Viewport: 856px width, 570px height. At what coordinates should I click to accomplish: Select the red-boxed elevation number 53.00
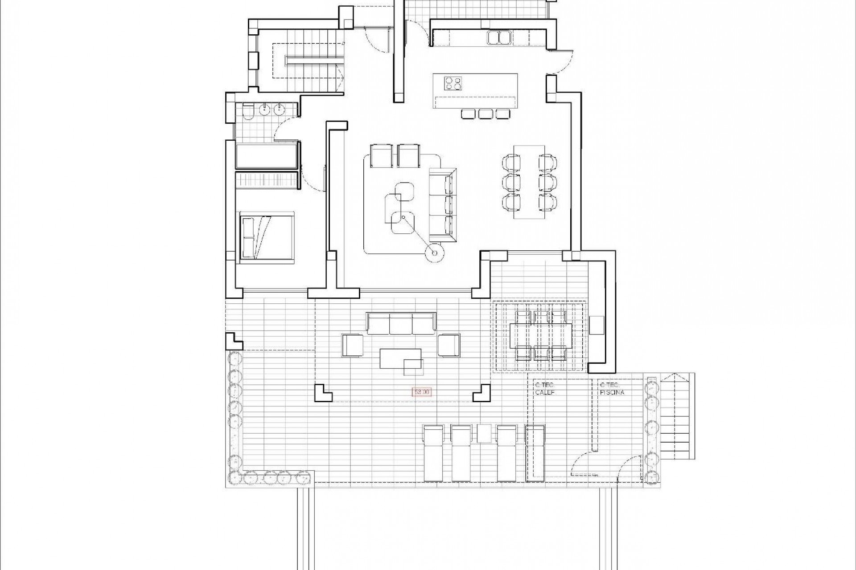(422, 392)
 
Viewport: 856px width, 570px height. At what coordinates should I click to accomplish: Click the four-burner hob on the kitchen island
(453, 83)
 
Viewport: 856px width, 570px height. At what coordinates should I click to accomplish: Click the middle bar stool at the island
(485, 114)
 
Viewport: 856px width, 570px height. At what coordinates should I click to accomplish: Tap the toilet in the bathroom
(248, 112)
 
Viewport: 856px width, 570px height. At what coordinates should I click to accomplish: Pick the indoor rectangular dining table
(529, 181)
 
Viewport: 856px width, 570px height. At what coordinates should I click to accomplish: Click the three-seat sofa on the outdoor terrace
(400, 323)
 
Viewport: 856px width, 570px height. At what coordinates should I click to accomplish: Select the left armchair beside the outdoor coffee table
(352, 345)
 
